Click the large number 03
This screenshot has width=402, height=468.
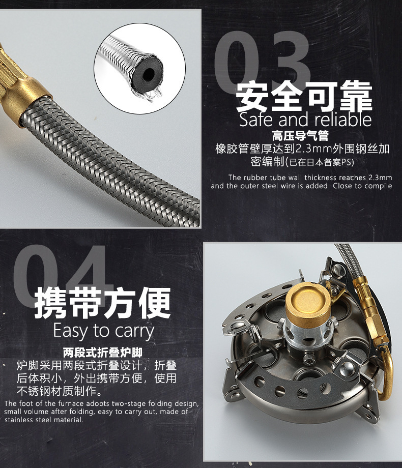[x=262, y=61]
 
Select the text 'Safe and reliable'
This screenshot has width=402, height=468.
[x=305, y=120]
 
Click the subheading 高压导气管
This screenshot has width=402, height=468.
[x=300, y=136]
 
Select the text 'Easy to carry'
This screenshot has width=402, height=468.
[x=104, y=331]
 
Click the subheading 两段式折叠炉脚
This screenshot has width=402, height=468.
[x=102, y=353]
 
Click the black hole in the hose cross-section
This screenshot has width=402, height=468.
[x=149, y=74]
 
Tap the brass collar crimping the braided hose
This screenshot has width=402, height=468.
[x=33, y=99]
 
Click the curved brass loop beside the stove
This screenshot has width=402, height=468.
[x=386, y=372]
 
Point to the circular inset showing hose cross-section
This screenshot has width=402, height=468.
[x=140, y=68]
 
